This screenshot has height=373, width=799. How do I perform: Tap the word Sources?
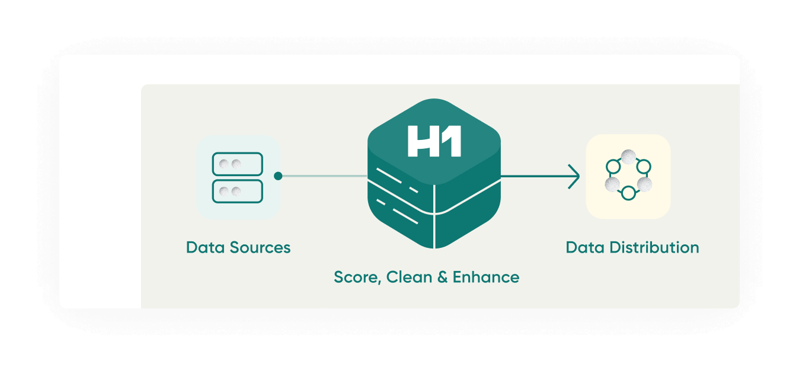tap(260, 247)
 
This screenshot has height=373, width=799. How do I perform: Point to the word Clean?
tap(409, 277)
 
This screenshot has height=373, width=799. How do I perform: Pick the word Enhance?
tap(486, 277)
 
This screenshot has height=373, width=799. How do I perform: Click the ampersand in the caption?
tap(442, 277)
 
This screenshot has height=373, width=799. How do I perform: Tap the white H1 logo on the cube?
tap(434, 141)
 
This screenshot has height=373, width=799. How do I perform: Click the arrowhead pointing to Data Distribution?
tap(574, 176)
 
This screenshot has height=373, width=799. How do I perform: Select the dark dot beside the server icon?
tap(278, 176)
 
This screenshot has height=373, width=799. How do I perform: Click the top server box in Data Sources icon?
tap(238, 164)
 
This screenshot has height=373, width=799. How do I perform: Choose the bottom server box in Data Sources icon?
tap(238, 192)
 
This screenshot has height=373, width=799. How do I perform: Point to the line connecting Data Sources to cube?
tap(325, 176)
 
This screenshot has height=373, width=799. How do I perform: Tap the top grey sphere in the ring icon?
tap(628, 157)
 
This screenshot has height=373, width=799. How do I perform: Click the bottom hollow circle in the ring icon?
tap(628, 193)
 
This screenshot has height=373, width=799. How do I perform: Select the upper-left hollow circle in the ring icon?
tap(613, 166)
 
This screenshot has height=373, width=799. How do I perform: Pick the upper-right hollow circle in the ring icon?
tap(644, 166)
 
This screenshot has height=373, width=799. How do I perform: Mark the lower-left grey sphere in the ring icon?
tap(612, 184)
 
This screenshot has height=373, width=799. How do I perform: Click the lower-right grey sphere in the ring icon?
tap(644, 184)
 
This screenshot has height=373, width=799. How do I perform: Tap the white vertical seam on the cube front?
tap(434, 216)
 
